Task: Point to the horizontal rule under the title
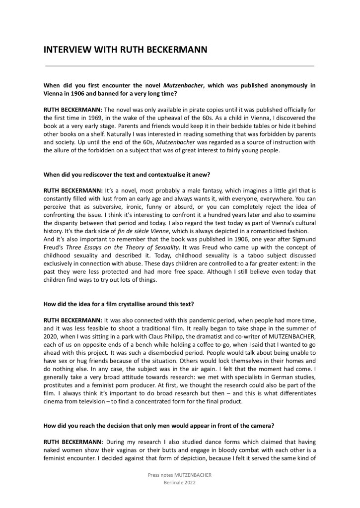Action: [180, 65]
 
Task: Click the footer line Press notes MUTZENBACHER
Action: [180, 475]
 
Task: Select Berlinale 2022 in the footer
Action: [180, 483]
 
